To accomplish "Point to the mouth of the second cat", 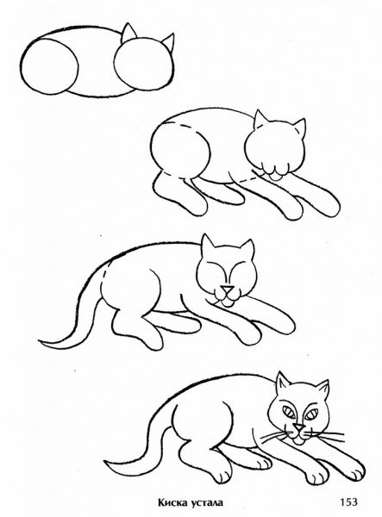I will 274,176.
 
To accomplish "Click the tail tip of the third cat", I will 43,346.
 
